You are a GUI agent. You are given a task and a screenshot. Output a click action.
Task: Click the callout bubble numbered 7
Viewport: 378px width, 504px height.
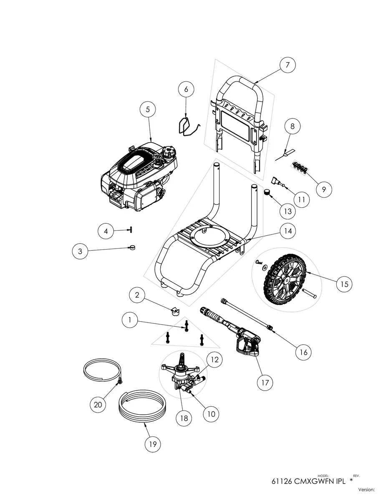click(287, 65)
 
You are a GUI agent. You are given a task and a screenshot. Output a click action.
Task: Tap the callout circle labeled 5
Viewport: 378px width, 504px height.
click(147, 109)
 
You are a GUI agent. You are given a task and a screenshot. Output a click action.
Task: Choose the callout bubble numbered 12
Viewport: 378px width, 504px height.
click(214, 359)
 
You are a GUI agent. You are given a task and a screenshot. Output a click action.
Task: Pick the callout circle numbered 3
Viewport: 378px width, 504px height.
click(80, 251)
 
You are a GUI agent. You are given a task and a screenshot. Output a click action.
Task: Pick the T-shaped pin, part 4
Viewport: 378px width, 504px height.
click(130, 230)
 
